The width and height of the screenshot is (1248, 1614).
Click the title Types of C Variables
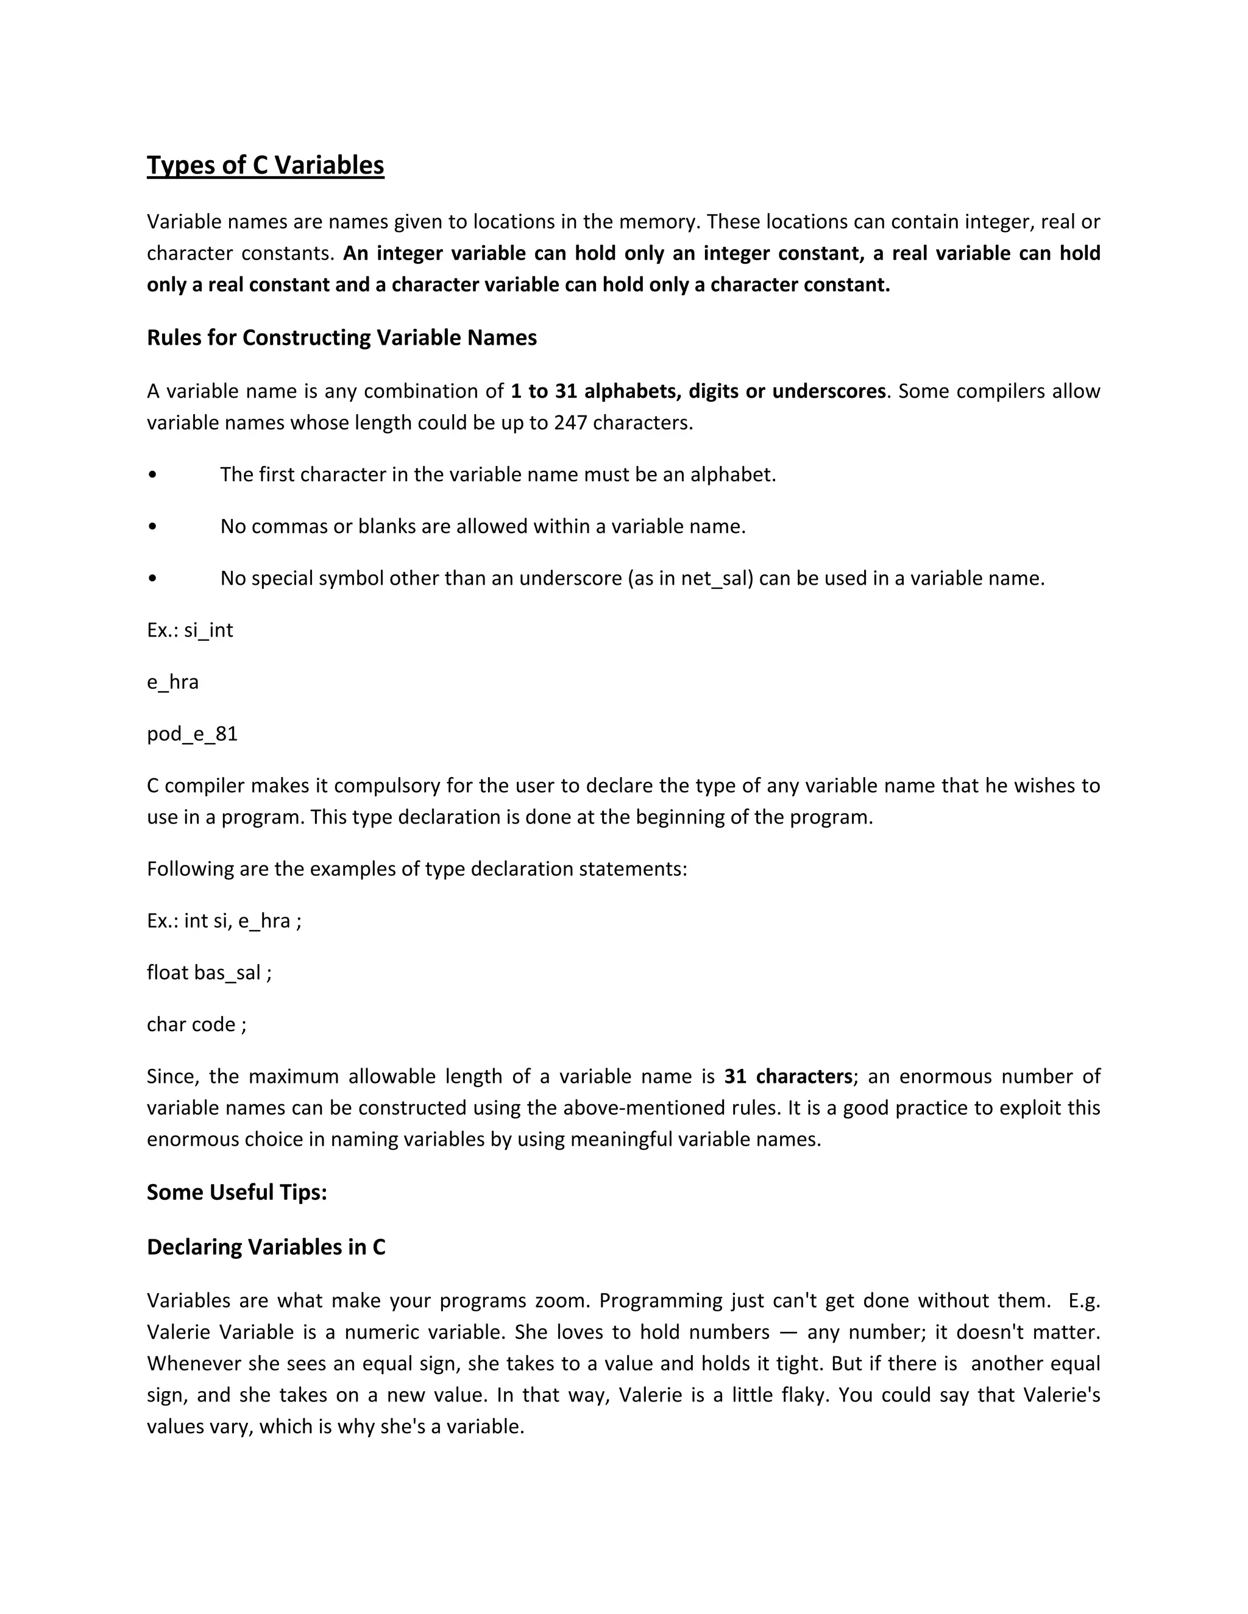click(266, 165)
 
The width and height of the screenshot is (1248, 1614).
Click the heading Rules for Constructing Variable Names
click(342, 338)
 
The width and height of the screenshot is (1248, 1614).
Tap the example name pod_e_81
click(192, 734)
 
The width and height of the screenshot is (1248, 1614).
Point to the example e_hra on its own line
click(173, 682)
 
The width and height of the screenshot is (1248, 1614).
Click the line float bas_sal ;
click(209, 973)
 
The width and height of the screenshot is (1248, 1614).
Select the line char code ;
click(197, 1024)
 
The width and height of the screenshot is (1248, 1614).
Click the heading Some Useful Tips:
click(236, 1192)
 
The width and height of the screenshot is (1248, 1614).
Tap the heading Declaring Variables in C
click(266, 1247)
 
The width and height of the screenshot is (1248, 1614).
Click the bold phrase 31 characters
click(788, 1077)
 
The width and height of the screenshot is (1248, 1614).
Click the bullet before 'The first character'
click(152, 475)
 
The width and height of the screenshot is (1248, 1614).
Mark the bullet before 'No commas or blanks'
click(152, 527)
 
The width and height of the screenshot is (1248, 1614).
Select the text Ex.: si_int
click(190, 630)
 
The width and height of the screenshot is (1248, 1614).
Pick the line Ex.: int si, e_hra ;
click(224, 921)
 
